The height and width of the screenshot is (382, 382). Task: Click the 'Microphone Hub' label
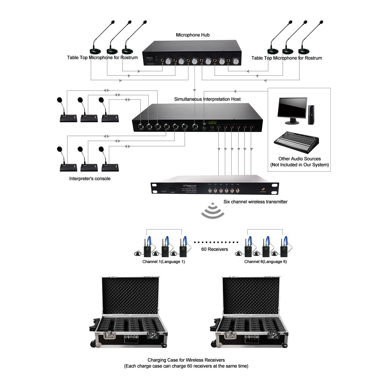(193, 35)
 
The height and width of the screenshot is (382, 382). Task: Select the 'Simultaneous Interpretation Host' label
(207, 99)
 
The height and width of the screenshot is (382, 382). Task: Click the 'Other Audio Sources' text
(300, 159)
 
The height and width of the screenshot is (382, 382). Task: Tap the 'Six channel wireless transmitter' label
(255, 202)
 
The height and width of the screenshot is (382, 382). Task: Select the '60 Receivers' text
(215, 249)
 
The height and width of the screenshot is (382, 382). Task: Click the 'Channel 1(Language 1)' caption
(164, 262)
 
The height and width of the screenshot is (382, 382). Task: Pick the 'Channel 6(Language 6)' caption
(265, 262)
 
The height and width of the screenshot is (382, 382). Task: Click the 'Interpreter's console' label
(90, 179)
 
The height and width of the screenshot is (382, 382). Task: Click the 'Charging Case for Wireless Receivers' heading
(186, 360)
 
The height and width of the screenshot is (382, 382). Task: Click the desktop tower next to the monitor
(311, 115)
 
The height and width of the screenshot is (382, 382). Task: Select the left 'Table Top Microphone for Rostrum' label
(102, 58)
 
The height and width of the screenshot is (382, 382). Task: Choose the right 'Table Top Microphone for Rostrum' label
(286, 58)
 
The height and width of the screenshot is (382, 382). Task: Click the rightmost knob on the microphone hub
(235, 61)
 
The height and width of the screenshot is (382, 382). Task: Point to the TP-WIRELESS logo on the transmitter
(190, 186)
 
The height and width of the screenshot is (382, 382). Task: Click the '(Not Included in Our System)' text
(300, 165)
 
